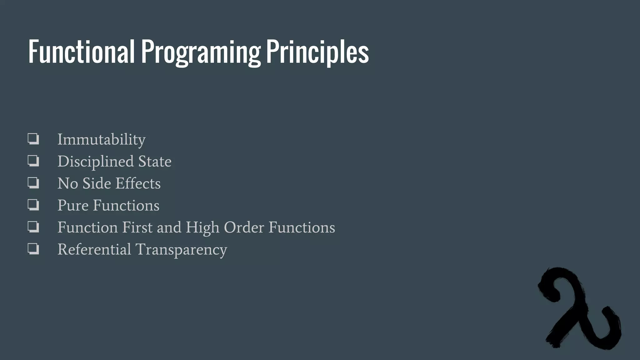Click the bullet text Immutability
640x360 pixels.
tap(101, 139)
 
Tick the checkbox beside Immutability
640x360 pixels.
tap(33, 138)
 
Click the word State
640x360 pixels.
tap(155, 162)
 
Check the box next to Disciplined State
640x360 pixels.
tap(33, 161)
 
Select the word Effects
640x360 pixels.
tap(138, 183)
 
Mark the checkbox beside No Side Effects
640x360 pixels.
tap(33, 182)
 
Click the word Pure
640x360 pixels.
tap(73, 206)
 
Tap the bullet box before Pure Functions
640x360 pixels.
tap(33, 205)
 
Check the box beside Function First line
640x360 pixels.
tap(33, 227)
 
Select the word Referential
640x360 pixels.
tap(94, 249)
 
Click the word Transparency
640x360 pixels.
tap(181, 249)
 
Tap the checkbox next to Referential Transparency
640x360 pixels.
tap(33, 249)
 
